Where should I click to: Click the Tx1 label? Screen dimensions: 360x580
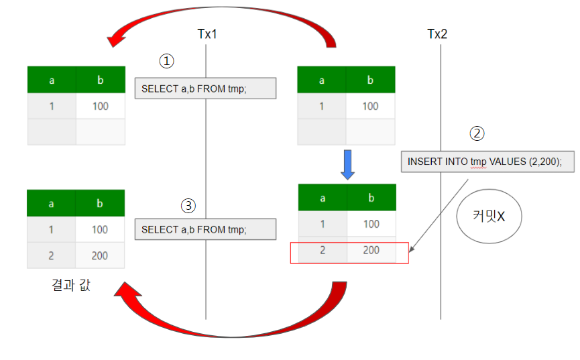coord(206,34)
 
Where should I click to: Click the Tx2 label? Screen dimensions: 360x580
coord(437,34)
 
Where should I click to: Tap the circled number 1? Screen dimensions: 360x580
coord(166,61)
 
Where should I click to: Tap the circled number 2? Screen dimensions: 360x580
coord(477,133)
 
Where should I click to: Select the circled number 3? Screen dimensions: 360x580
coord(188,205)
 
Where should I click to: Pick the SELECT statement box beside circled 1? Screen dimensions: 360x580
coord(205,88)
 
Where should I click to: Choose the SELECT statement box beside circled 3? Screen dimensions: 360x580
coord(205,230)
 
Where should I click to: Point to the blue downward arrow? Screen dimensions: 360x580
coord(347,164)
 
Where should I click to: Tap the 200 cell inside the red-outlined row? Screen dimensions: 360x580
coord(371,251)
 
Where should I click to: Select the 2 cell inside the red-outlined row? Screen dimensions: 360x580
coord(322,251)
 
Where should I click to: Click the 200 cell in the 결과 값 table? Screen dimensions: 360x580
coord(100,255)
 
